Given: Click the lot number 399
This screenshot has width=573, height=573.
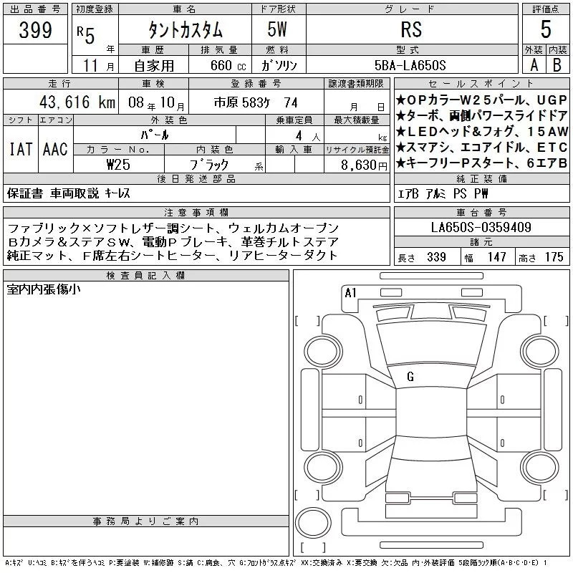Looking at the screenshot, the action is point(35,30).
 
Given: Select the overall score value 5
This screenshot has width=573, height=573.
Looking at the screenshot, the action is point(546,29).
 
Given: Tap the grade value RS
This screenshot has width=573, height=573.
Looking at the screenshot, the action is point(411,29).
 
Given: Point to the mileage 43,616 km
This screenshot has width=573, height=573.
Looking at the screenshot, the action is point(77,102).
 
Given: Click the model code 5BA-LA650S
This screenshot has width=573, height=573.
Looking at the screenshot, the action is point(410,65).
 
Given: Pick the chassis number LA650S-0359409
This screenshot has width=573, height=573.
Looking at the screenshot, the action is point(481,227).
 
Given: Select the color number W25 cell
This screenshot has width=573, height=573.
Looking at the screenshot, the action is point(118,165).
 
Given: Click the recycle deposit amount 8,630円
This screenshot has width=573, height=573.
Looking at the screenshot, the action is point(364,165).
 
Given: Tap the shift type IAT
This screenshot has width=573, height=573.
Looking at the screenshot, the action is point(21,149).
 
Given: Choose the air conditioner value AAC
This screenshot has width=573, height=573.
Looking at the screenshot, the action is point(55,149).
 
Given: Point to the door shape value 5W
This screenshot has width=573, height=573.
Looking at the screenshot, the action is point(277,29).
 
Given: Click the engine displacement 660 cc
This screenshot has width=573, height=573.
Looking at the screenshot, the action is point(228,65).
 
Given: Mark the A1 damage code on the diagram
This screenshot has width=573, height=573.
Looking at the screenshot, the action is point(350,293).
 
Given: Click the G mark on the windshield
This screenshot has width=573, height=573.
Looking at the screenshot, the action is point(410,377).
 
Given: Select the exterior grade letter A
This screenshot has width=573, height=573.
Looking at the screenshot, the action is point(534,65).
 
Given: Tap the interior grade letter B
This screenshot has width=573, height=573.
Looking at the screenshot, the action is point(557,65).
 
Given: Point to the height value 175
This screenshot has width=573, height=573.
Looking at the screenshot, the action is point(554,257).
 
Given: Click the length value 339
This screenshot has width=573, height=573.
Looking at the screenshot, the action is point(436,257).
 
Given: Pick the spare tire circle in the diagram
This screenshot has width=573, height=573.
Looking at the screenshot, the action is point(313,522).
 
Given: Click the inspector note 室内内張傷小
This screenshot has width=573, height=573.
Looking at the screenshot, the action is point(44,289).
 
